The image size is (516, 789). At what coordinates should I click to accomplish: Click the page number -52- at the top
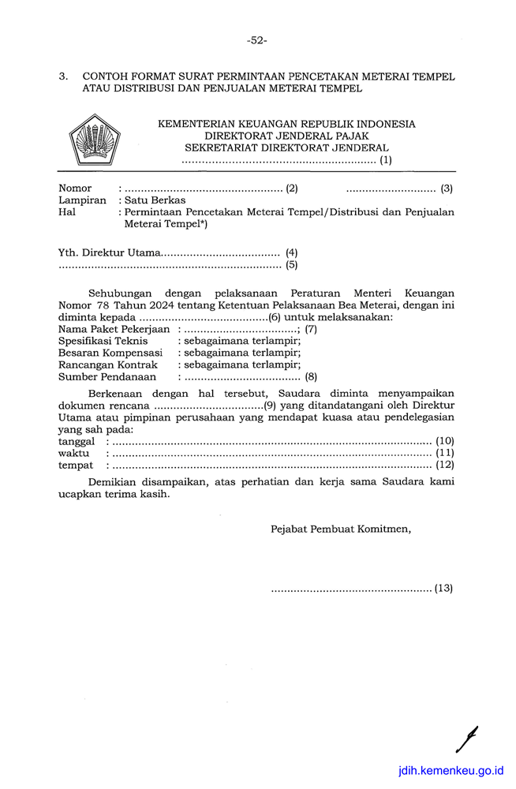(x=257, y=39)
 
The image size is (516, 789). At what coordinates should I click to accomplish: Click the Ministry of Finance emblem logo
(x=93, y=140)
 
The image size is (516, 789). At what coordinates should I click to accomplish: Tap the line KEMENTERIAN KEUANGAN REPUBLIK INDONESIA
(x=286, y=124)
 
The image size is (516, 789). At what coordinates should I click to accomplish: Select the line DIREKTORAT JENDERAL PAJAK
(x=286, y=136)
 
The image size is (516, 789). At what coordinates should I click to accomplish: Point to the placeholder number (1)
(x=386, y=160)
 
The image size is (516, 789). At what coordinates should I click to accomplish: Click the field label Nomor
(x=75, y=189)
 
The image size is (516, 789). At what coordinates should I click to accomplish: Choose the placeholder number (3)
(x=447, y=189)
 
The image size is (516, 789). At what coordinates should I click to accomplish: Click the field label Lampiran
(x=82, y=200)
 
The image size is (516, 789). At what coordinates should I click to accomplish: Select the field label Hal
(x=67, y=212)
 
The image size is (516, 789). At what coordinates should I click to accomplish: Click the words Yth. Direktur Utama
(x=109, y=253)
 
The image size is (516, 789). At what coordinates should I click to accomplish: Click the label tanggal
(x=77, y=441)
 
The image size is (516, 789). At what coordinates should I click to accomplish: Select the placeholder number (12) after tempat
(x=444, y=466)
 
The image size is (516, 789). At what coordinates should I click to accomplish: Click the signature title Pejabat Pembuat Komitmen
(x=341, y=529)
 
